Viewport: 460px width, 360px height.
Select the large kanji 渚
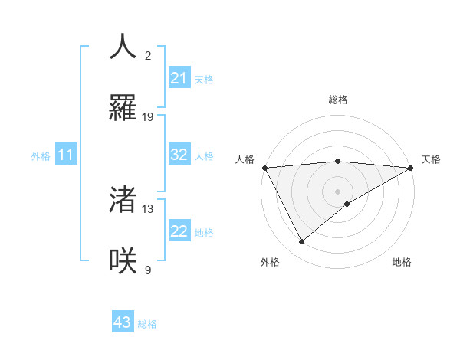pos(123,200)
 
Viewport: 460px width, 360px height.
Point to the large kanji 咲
pos(123,260)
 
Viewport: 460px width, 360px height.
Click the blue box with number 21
pos(179,78)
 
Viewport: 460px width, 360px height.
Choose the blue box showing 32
pos(179,155)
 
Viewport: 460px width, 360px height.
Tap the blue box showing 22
pos(179,231)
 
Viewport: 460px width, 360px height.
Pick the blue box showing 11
pos(66,155)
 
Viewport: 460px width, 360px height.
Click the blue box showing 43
pos(123,322)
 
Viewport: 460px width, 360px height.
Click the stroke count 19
pos(148,116)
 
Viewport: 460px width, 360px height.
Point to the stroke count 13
pos(148,208)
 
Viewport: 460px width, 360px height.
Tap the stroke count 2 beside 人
pos(148,55)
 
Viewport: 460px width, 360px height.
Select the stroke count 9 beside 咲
pos(148,270)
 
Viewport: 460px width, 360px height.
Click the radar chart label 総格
pos(338,100)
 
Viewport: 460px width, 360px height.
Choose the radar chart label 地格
pos(402,262)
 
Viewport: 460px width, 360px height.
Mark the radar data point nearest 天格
pos(411,168)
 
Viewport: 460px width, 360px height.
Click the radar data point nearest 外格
pos(301,242)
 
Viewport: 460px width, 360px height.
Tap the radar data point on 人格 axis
pos(264,168)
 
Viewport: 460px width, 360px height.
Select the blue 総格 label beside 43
pos(147,324)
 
